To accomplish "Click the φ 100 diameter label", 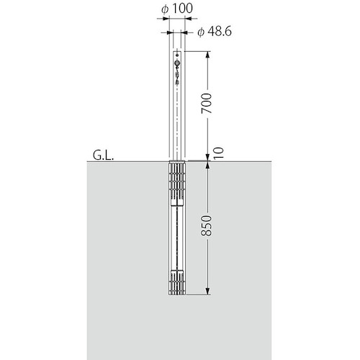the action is pos(177,9).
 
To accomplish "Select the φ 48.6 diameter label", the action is pos(215,32).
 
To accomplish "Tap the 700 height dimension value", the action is pos(207,104).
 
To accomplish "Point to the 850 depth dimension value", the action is pos(207,225).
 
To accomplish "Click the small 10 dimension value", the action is pos(219,153).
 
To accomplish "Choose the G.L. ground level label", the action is pos(103,156).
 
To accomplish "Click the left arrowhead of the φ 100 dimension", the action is pos(166,18).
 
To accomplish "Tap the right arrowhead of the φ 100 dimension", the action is pos(189,18).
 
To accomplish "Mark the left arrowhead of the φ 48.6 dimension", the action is pos(170,32).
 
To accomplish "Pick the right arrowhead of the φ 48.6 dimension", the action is pos(184,32).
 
